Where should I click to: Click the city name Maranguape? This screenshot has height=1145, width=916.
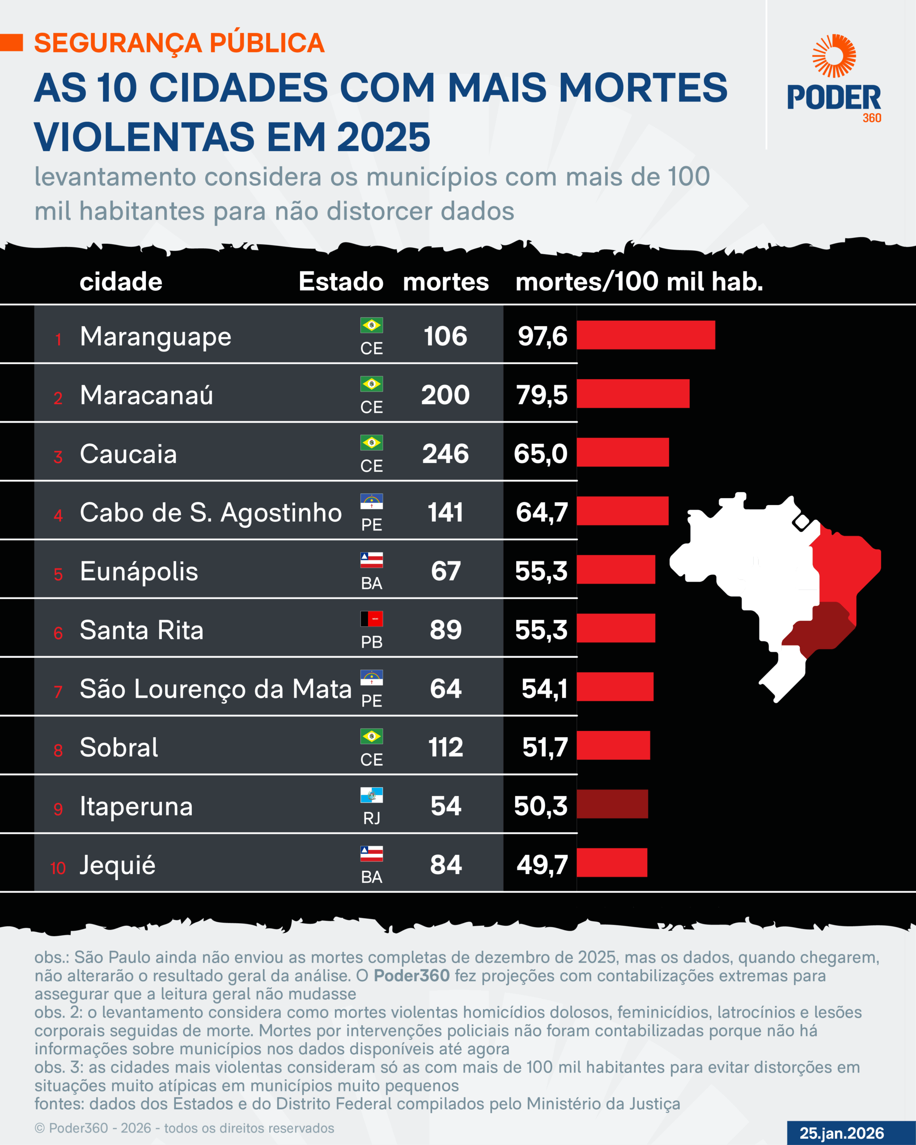pos(155,337)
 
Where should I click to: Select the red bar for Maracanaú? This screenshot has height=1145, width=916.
pos(632,394)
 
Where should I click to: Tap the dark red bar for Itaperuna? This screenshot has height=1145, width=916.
pos(612,804)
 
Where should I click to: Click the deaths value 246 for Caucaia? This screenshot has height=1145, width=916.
pos(445,454)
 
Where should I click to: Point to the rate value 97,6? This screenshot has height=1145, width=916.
pos(542,337)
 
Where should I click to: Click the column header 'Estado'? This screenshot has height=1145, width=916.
pos(340,281)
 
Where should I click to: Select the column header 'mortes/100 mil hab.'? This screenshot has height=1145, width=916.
pos(639,281)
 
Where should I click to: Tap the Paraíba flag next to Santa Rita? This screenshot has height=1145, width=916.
pos(371,619)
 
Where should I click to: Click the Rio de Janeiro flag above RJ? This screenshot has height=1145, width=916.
pos(371,795)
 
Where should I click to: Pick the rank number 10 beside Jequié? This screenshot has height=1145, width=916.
pos(57,868)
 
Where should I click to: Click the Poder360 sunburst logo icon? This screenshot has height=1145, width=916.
pos(834,56)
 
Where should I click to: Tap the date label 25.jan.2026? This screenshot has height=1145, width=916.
pos(841,1133)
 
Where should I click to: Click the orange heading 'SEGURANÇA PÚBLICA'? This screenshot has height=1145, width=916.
pos(179,43)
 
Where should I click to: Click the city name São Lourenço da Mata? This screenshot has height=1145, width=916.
pos(215,689)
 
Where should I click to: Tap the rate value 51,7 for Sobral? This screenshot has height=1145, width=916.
pos(545,748)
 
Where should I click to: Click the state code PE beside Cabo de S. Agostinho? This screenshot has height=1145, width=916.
pos(371,525)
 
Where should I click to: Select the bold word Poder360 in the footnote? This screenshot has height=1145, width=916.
pos(411,975)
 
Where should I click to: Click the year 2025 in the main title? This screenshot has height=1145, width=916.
pos(383,137)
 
